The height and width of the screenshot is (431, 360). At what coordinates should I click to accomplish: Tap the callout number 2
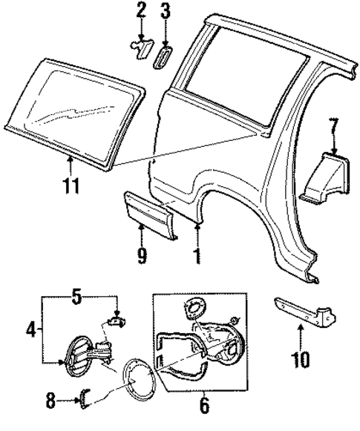142,11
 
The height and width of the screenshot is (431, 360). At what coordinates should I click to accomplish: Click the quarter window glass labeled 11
71,111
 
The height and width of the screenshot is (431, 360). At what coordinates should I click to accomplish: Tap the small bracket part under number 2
141,47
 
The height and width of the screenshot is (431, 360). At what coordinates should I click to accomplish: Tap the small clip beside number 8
85,401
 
